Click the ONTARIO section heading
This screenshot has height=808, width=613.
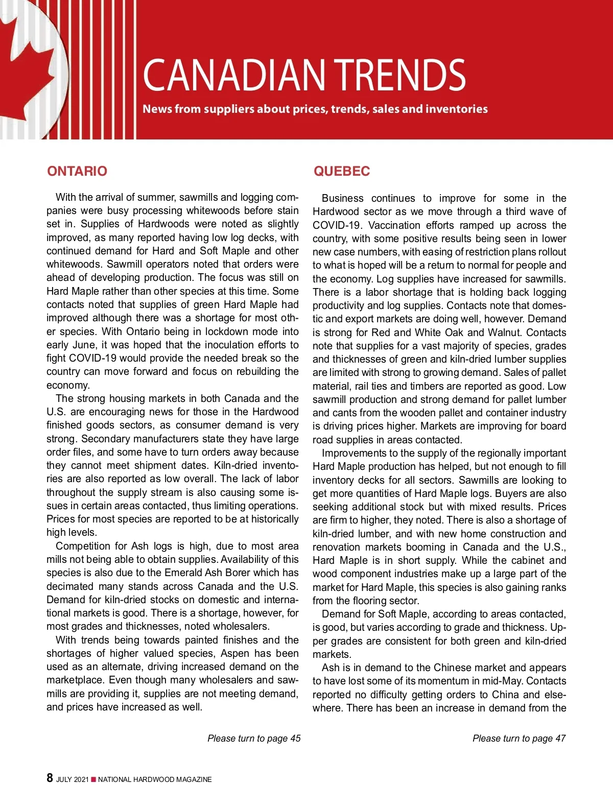[x=77, y=171]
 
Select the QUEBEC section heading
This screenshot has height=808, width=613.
[x=342, y=171]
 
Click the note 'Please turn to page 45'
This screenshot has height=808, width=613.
[x=254, y=738]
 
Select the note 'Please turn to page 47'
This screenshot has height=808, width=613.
[x=519, y=738]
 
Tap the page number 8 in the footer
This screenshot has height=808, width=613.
[x=50, y=778]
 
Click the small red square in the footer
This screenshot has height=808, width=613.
[x=93, y=779]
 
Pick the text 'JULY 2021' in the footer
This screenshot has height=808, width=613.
[x=72, y=779]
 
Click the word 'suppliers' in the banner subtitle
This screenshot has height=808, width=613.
[x=229, y=109]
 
